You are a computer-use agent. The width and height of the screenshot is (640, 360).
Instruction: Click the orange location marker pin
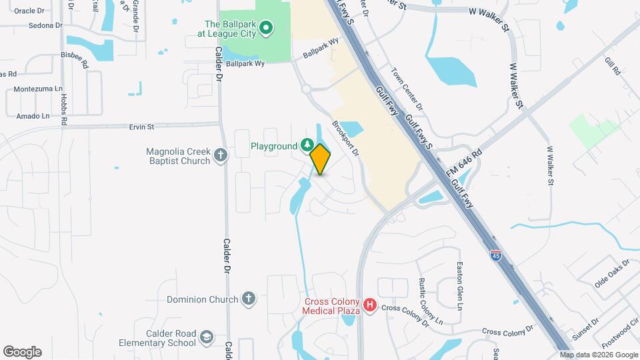321,159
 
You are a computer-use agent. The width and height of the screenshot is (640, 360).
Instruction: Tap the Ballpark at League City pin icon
265,27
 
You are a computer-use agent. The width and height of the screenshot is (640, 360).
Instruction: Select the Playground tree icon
307,145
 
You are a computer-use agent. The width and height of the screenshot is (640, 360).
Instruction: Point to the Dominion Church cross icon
249,299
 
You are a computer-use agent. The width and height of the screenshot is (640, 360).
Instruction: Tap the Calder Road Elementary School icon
207,337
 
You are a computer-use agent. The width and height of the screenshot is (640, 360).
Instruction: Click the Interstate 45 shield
495,255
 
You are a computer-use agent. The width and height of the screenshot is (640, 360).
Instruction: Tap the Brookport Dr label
346,139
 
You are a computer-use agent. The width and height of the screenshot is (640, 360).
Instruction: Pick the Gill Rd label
611,65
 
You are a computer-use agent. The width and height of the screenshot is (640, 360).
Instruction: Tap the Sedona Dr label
45,25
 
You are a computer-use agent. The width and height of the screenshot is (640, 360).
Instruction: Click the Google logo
22,352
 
